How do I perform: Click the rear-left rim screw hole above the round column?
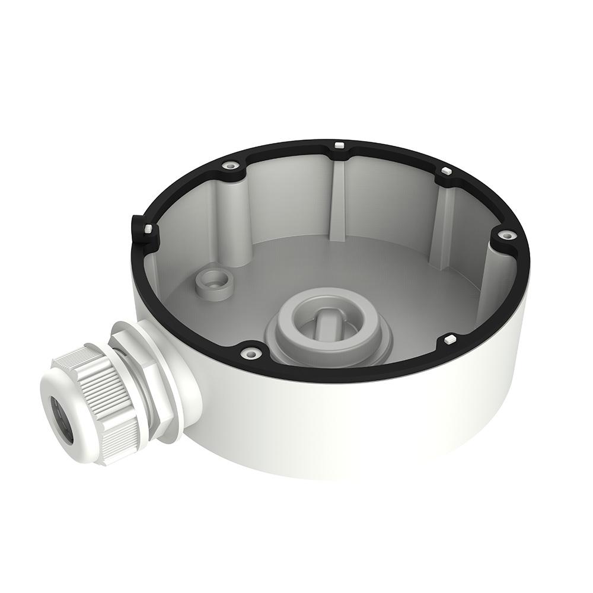[229, 167]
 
